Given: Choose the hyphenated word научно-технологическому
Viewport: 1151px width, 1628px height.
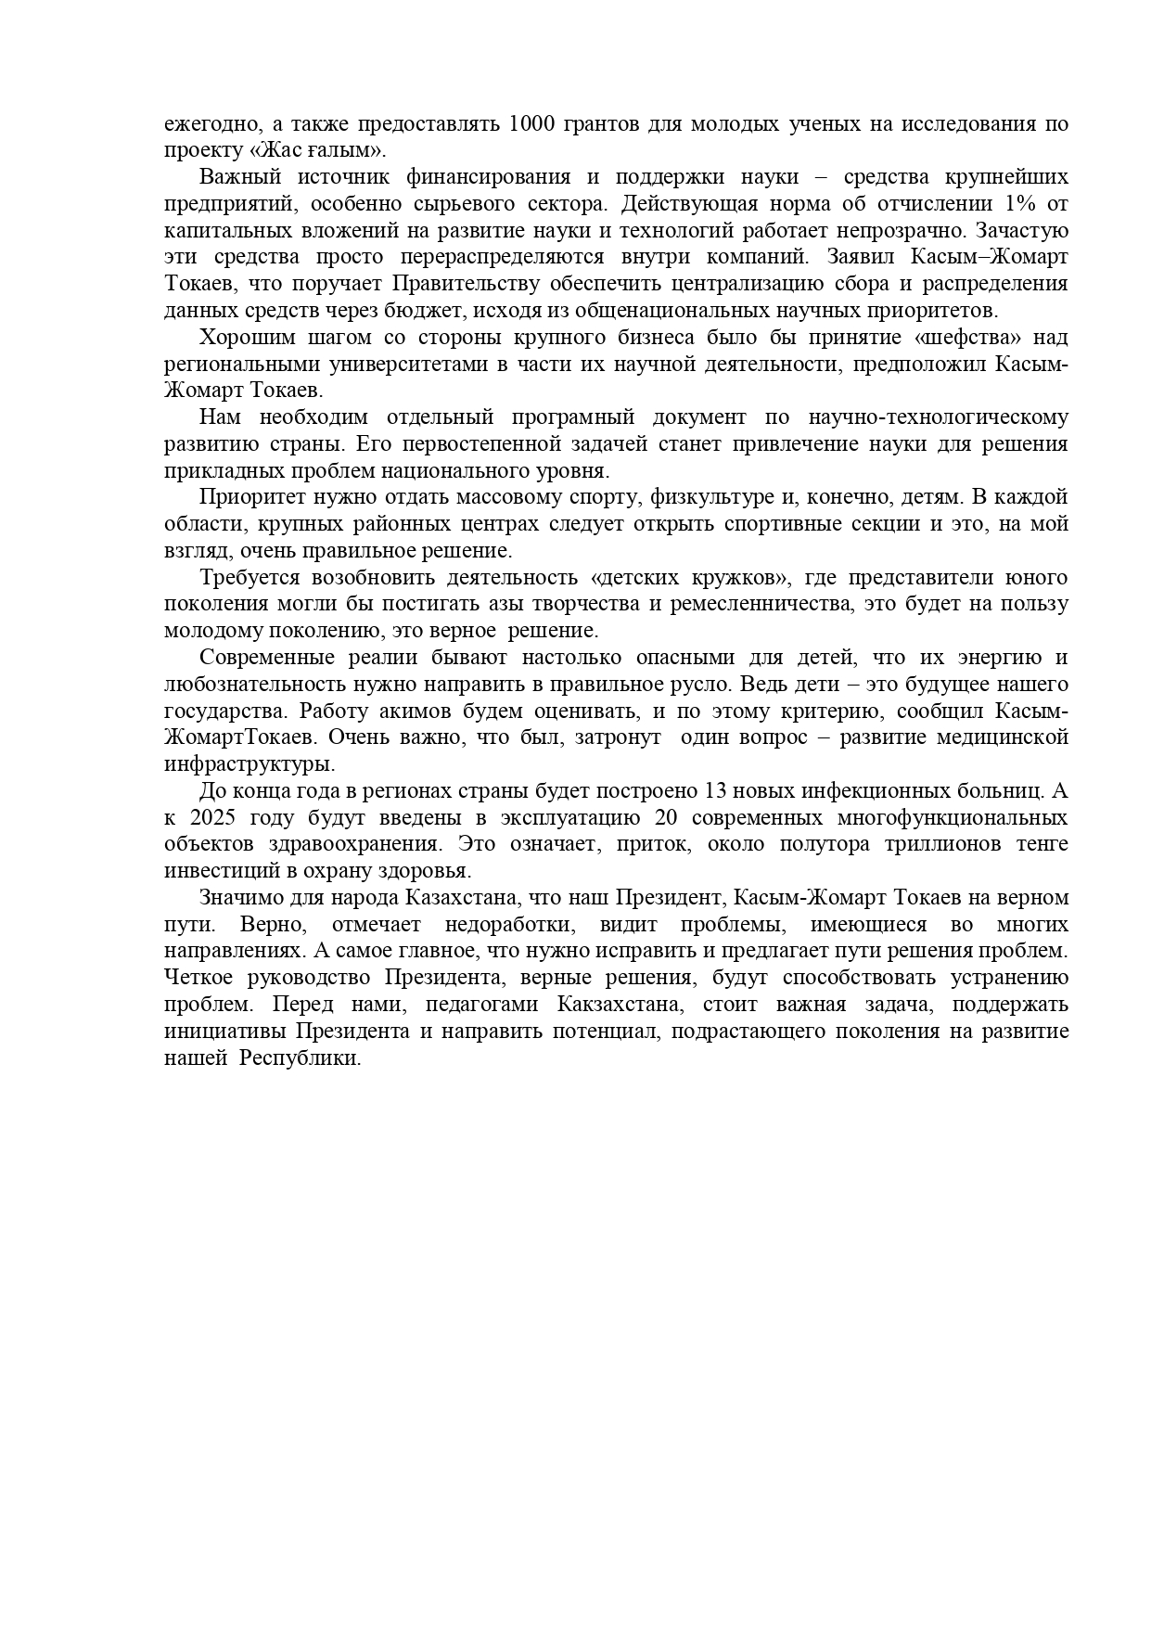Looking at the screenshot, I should pos(938,417).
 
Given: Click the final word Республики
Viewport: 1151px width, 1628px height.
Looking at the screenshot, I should pos(299,1058).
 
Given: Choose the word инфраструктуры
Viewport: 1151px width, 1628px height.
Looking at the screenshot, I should pos(249,764).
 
